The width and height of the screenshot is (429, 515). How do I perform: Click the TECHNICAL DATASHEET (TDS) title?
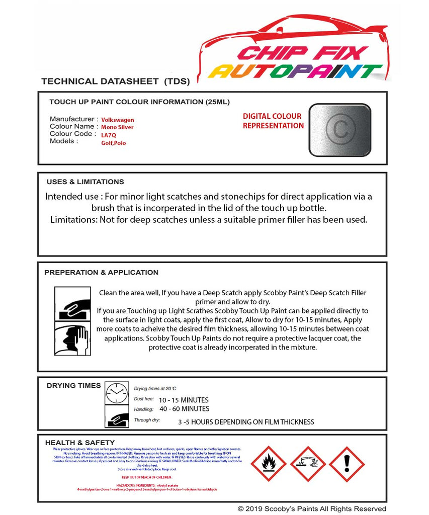[x=115, y=81]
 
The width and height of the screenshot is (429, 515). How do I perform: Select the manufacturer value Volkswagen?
[x=118, y=120]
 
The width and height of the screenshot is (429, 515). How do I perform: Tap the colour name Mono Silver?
[x=117, y=127]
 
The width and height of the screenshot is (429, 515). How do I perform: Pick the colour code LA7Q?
[x=109, y=135]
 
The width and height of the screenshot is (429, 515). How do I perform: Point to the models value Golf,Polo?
[x=114, y=143]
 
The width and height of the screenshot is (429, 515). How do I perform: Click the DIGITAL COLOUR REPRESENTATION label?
[x=273, y=121]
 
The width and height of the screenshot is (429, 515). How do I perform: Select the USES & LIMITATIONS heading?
[x=85, y=182]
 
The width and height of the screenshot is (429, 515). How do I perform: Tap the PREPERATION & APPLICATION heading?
[x=101, y=272]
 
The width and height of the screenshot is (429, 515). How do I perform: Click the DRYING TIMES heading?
[x=73, y=385]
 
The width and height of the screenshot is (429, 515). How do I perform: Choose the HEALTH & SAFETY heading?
[x=79, y=443]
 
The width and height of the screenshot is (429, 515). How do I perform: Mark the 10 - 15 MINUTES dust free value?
[x=183, y=400]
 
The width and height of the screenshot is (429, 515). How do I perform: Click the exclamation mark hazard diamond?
[x=347, y=464]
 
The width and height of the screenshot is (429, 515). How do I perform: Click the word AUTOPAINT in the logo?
[x=296, y=71]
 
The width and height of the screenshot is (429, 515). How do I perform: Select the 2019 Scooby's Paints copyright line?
[x=312, y=508]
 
